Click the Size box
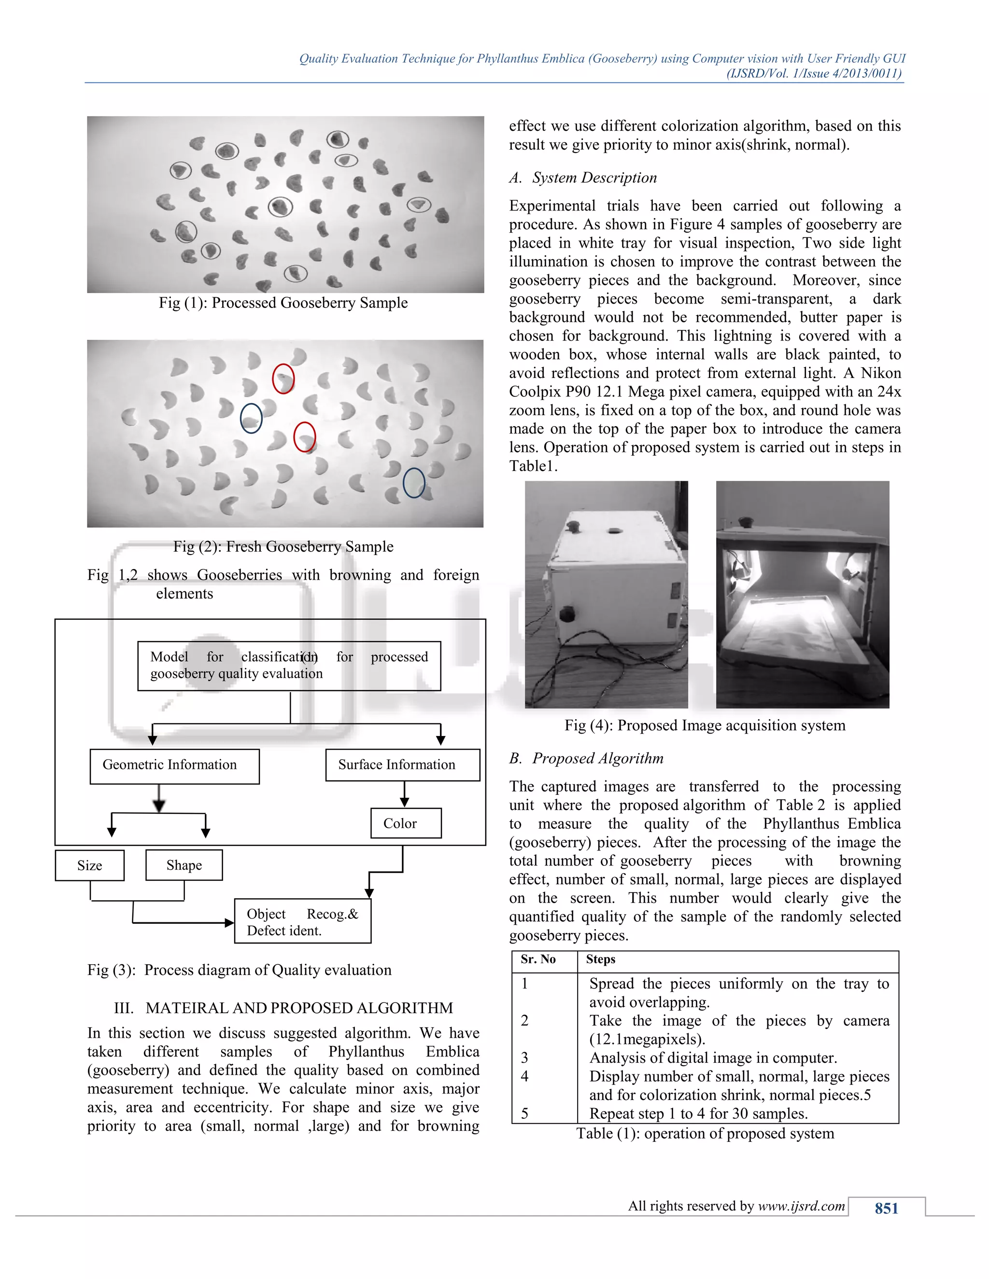point(90,865)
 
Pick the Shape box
point(184,865)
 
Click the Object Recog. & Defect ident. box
point(302,922)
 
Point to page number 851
point(887,1208)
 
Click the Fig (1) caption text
point(283,303)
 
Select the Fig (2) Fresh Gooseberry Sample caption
point(283,546)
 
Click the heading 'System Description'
point(594,178)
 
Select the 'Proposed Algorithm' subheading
point(598,758)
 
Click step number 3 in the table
point(524,1057)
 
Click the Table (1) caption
point(705,1134)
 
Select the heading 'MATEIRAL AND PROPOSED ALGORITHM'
point(299,1008)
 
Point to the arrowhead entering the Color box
point(404,803)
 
